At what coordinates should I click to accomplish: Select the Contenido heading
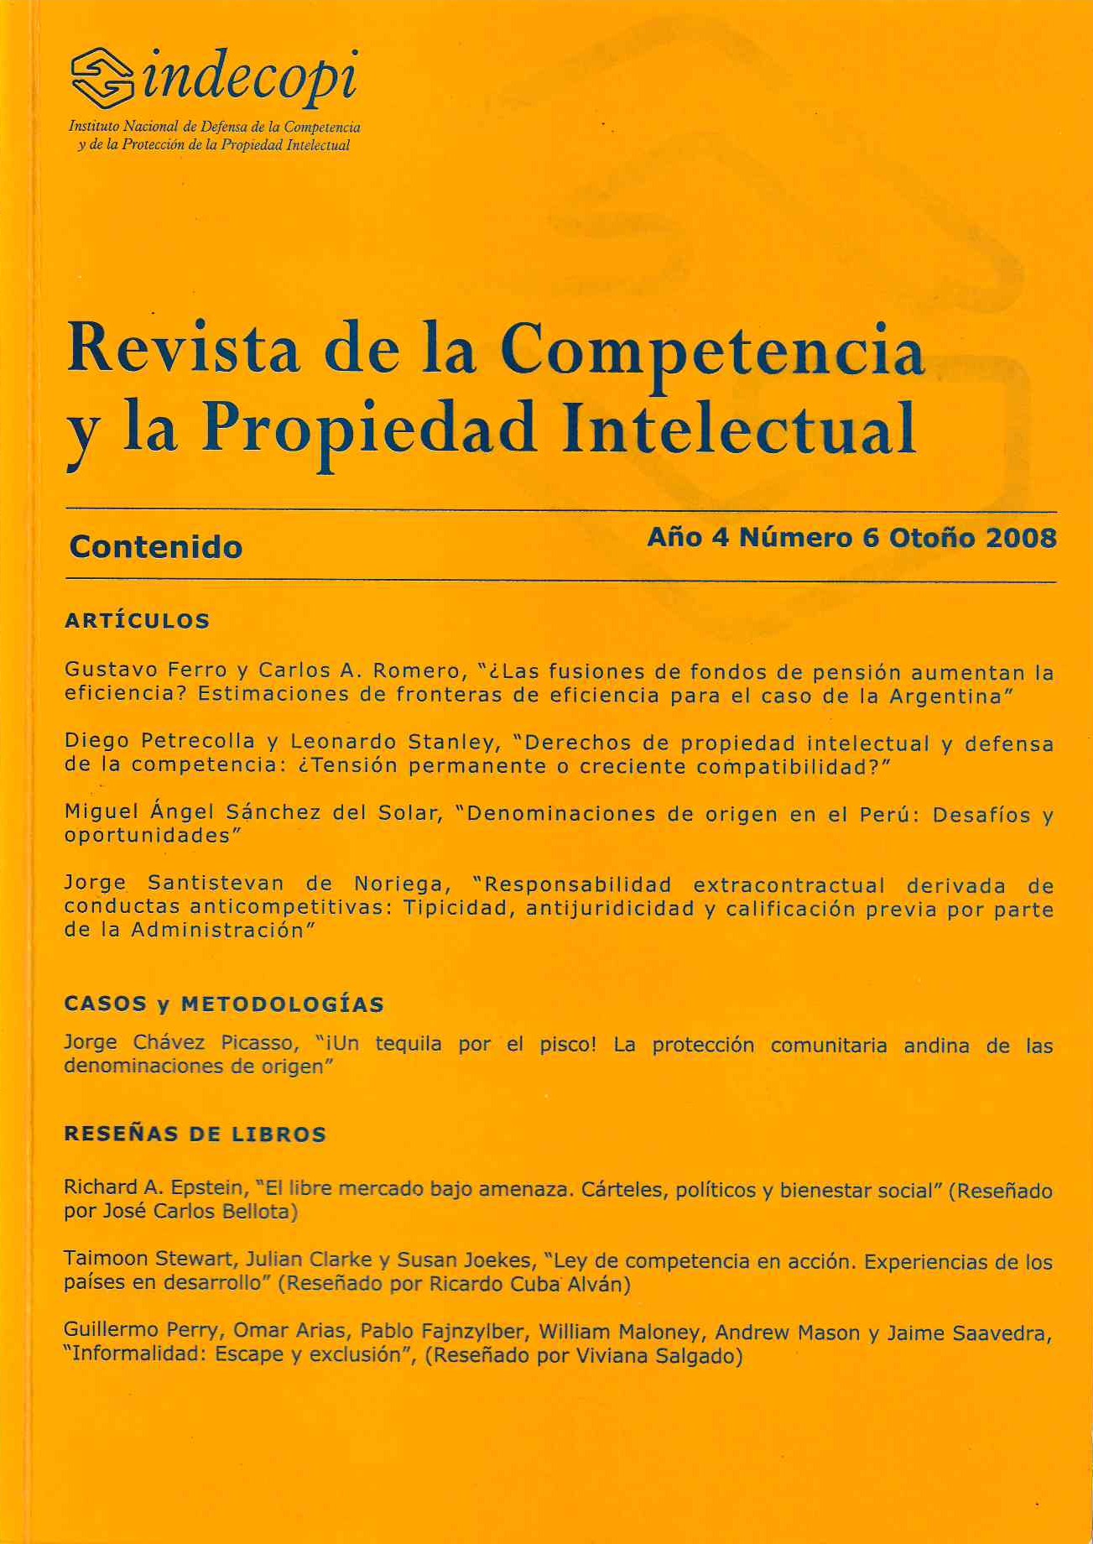coord(156,547)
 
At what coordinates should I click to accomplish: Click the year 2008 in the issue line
coord(1021,538)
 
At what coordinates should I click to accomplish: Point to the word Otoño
coord(932,538)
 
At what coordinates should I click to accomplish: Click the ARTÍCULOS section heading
coord(137,621)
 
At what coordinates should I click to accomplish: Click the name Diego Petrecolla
coord(159,742)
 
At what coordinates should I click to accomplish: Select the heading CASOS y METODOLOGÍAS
coord(224,1004)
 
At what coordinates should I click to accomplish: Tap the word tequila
coord(408,1044)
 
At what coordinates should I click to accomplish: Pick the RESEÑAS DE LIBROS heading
coord(195,1135)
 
